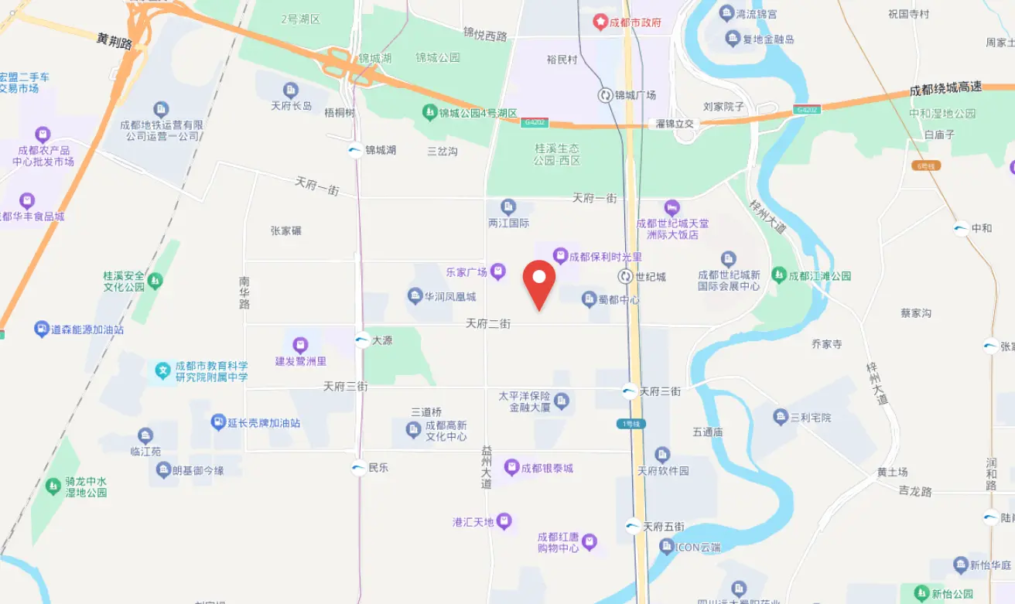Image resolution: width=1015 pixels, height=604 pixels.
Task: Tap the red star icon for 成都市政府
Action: [600, 22]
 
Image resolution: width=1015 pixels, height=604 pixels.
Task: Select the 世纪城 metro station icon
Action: [625, 276]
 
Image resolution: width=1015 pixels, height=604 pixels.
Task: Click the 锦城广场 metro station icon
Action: [605, 95]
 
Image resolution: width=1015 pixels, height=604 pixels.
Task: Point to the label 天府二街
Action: [488, 324]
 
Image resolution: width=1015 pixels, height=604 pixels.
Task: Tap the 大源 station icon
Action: [362, 340]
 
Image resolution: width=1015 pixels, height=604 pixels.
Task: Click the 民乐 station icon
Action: [358, 467]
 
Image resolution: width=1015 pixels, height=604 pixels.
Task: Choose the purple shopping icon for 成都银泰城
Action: [511, 468]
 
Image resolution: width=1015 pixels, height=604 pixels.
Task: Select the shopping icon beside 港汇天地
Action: [504, 522]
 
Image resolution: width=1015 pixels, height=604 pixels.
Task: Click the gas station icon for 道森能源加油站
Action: [42, 329]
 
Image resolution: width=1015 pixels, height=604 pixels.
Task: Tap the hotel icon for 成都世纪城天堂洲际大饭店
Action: [672, 208]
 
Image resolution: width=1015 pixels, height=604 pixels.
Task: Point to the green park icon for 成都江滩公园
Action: [779, 275]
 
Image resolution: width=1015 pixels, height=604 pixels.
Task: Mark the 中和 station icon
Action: [961, 228]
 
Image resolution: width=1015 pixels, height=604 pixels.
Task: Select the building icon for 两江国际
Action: [508, 206]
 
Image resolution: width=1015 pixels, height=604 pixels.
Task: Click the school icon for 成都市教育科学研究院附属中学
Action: [162, 371]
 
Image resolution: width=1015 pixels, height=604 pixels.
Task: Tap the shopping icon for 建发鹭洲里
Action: [300, 345]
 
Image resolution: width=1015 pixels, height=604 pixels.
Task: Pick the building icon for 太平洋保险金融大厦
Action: [562, 400]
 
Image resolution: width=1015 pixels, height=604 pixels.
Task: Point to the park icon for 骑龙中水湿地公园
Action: [53, 486]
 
